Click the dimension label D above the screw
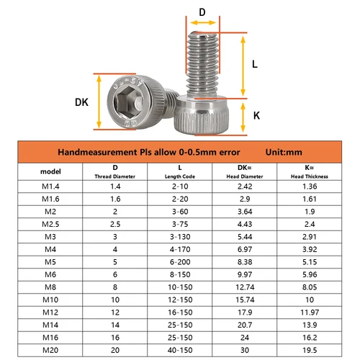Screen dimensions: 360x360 tap(202, 12)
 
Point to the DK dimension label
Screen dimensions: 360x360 tap(82, 103)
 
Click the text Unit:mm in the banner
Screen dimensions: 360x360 tap(286, 153)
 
